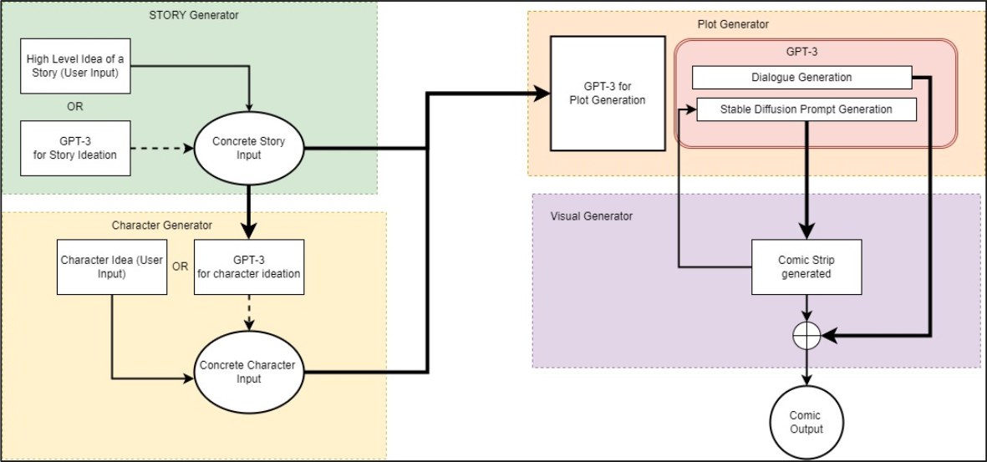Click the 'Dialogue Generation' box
(x=801, y=78)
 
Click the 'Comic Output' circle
(x=806, y=422)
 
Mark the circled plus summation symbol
(x=806, y=336)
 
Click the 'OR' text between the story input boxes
(x=74, y=107)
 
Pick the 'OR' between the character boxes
(x=179, y=267)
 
